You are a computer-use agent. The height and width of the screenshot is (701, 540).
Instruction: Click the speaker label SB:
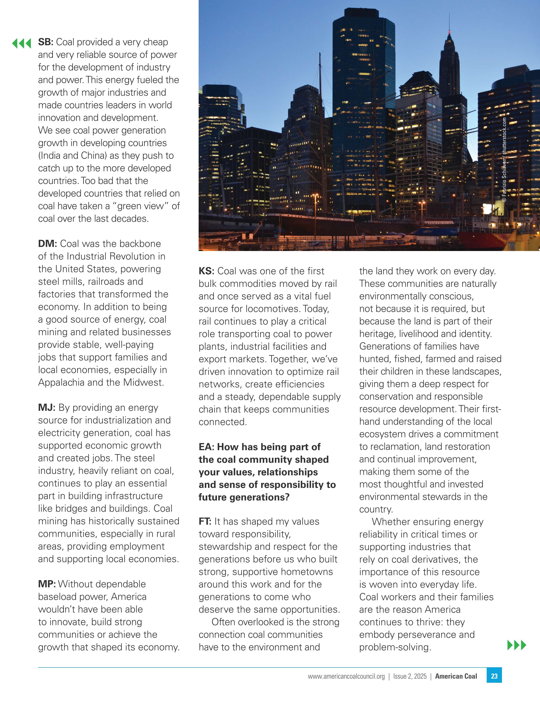(46, 42)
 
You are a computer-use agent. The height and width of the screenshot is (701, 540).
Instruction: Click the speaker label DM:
(48, 244)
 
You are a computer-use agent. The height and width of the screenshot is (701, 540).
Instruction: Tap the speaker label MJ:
(47, 408)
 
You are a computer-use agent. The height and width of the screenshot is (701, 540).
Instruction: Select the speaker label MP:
(47, 584)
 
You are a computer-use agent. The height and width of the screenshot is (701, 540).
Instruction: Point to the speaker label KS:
(206, 271)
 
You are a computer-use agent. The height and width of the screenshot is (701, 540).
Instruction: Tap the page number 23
(494, 676)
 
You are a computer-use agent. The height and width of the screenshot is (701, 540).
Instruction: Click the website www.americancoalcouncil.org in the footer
(346, 676)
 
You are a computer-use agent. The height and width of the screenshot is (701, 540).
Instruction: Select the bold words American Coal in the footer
(456, 676)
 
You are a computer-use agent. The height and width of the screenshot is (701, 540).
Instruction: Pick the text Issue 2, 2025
(410, 676)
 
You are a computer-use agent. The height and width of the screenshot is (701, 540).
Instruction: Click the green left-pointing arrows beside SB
(21, 43)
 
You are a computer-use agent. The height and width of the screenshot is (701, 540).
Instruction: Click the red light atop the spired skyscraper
(449, 32)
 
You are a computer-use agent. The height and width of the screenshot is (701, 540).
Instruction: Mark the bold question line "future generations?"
(244, 497)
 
